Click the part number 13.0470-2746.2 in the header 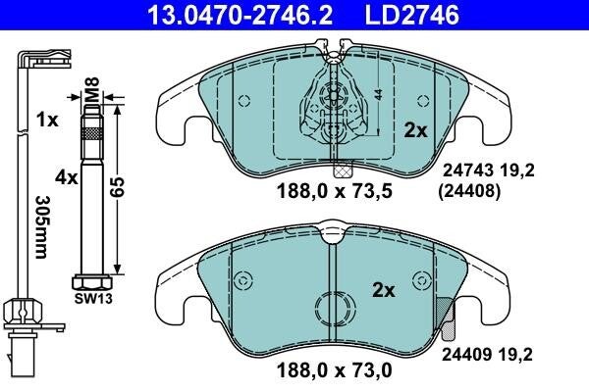(241, 15)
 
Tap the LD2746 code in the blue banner (412, 15)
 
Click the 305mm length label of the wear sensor (41, 227)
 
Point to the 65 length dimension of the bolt (117, 187)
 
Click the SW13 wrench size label (93, 299)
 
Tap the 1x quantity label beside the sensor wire (47, 120)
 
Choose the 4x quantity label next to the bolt (67, 177)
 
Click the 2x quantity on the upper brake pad (416, 131)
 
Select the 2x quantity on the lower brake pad (384, 290)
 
